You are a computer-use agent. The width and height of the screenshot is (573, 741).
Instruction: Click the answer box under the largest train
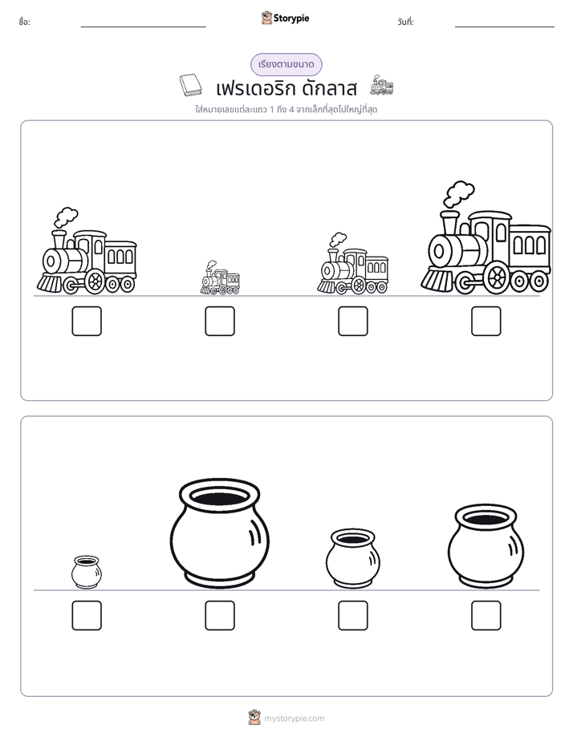point(486,321)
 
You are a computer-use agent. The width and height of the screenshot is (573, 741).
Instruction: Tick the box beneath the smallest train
point(220,321)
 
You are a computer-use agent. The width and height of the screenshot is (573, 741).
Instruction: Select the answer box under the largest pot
point(220,615)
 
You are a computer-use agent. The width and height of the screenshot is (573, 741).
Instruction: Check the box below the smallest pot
point(87,615)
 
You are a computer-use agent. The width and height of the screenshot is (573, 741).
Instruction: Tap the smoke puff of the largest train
point(458,192)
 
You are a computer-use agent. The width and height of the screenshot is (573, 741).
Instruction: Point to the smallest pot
point(87,572)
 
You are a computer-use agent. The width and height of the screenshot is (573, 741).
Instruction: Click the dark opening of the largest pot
point(220,496)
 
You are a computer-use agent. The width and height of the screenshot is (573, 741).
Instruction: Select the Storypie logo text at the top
point(291,18)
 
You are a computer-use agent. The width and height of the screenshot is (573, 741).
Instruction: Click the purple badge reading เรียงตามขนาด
point(286,64)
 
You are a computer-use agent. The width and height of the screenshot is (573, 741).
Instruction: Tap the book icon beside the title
point(190,85)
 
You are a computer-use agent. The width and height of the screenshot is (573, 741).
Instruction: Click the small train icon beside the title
point(381,84)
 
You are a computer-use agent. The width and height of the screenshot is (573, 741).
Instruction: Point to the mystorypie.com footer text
point(294,719)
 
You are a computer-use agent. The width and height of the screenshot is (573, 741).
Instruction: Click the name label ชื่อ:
point(25,22)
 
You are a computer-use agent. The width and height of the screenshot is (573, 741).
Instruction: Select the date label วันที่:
point(405,22)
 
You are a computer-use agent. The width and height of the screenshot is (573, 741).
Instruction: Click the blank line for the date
point(505,27)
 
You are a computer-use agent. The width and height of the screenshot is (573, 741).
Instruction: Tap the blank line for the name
point(143,27)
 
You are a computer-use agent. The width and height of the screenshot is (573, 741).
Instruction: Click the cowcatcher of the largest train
point(437,280)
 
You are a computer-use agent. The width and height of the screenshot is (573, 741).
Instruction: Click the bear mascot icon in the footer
point(254,718)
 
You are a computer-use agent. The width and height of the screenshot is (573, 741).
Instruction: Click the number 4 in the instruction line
point(291,110)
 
